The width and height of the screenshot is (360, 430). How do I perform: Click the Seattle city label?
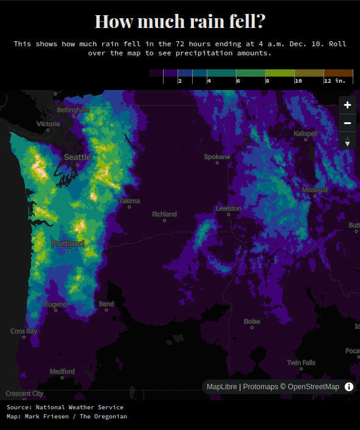[77, 157]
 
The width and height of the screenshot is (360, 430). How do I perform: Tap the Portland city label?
[68, 243]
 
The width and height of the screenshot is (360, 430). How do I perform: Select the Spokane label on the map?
[217, 157]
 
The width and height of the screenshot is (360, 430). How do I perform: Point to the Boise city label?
[252, 322]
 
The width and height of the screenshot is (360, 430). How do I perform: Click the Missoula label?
[314, 190]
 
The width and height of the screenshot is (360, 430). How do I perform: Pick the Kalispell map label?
[305, 133]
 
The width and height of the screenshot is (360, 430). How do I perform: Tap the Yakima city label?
[129, 201]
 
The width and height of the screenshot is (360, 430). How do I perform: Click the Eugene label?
[56, 304]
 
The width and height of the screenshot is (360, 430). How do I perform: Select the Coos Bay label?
[24, 331]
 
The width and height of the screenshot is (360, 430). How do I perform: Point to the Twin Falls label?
[301, 363]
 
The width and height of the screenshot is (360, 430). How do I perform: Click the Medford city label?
[62, 372]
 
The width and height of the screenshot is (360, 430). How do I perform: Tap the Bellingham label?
[73, 109]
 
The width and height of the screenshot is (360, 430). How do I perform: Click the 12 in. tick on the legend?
[334, 80]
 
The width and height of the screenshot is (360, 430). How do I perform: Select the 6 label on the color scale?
[238, 80]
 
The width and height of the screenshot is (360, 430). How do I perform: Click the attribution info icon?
[349, 387]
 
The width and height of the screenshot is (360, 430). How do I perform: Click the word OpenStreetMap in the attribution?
[314, 387]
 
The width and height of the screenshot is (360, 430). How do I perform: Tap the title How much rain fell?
[180, 22]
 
